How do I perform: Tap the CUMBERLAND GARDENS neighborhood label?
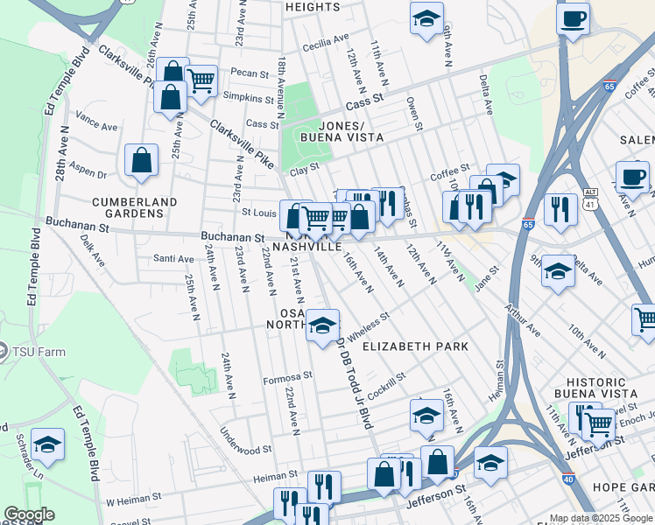tap(134, 207)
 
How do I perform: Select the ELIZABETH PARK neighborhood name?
tap(415, 346)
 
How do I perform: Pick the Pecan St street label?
tap(249, 73)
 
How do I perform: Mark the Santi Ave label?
tap(173, 258)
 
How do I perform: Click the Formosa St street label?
tap(287, 380)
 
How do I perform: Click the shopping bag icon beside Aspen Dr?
tap(141, 161)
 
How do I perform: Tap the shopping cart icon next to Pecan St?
tap(201, 81)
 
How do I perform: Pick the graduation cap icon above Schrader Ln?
tap(48, 444)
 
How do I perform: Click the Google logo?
tap(29, 514)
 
